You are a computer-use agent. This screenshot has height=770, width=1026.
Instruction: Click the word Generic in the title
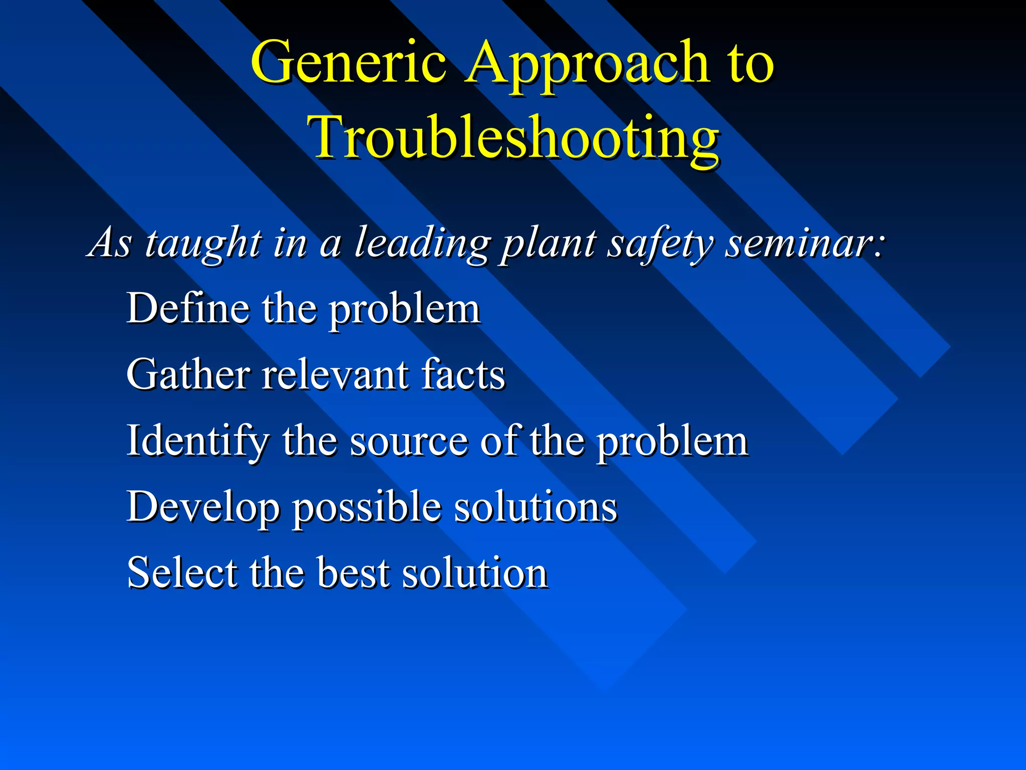348,63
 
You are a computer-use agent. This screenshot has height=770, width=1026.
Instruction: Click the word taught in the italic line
203,244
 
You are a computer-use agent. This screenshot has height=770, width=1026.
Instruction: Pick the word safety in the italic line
659,244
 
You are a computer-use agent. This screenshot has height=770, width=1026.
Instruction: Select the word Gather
188,374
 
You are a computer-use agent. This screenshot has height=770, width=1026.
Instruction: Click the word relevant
336,374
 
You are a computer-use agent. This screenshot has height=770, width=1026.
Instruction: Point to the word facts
463,374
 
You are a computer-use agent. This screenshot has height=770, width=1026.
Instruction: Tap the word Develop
203,507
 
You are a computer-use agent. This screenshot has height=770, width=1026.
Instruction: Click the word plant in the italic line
549,244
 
